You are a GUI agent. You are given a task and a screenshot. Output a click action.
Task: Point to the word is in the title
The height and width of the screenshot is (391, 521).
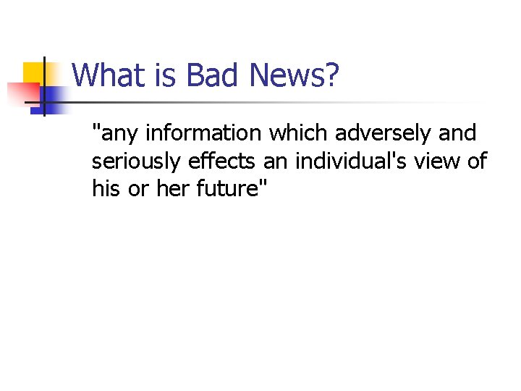[x=159, y=75]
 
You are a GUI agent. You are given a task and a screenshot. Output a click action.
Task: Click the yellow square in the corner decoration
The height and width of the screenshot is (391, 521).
[x=34, y=73]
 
